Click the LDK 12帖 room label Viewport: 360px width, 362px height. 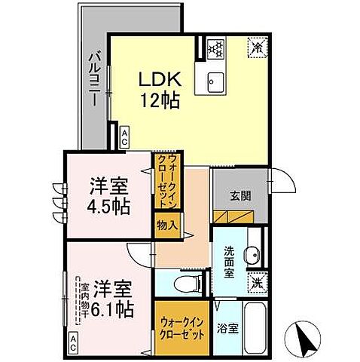point(158,88)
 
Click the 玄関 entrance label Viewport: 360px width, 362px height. point(239,194)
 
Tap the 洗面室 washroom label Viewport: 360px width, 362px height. point(227,262)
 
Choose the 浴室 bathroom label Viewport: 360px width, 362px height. point(228,328)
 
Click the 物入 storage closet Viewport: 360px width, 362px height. point(167,224)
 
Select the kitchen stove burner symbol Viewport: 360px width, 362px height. point(217,49)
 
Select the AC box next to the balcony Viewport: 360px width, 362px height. point(123,137)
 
